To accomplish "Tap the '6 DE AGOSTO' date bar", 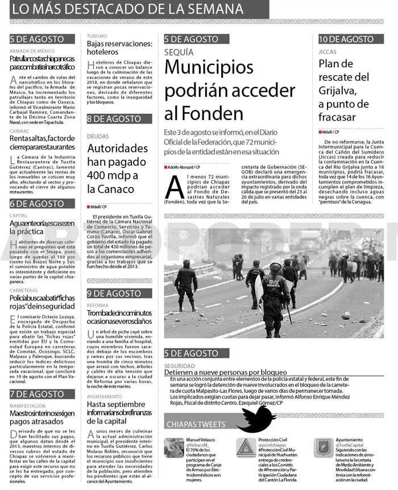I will point(37,204).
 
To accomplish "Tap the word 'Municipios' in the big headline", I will point(209,67).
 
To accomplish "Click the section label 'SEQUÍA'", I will point(179,51).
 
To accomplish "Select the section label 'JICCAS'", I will point(327,51).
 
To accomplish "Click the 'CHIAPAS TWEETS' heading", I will point(196,424).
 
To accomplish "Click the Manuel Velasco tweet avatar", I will point(174,448).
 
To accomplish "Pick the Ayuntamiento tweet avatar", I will point(324,448).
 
